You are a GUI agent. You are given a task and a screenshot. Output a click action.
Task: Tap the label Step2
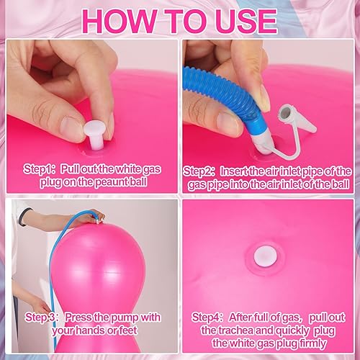point(199,171)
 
